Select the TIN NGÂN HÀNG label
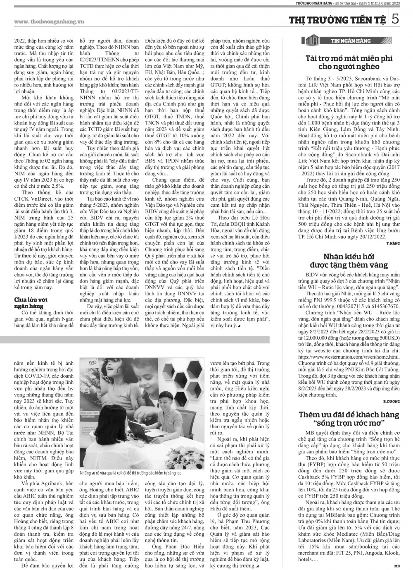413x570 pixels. click(351, 41)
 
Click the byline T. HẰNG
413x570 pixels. click(393, 244)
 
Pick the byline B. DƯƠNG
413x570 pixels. click(392, 402)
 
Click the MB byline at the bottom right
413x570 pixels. click(397, 565)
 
